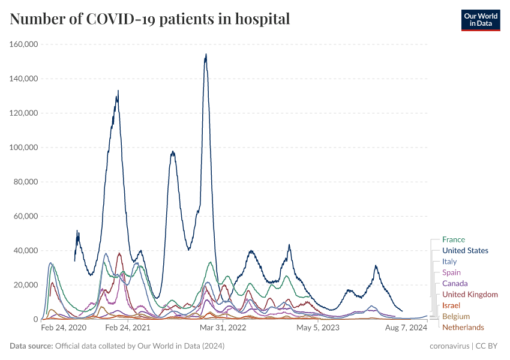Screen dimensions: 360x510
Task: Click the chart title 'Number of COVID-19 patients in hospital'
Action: pos(150,19)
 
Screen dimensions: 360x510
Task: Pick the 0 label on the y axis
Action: pos(36,320)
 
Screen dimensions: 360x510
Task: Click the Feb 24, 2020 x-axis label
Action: pos(64,328)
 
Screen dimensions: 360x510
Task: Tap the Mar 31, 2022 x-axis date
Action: pos(223,328)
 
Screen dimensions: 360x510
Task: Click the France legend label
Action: pos(453,240)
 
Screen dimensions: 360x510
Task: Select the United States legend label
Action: pos(465,251)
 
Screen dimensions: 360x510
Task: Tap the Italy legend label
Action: pos(449,262)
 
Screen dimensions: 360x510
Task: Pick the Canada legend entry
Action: pos(455,284)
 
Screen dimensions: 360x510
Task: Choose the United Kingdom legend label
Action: pos(470,295)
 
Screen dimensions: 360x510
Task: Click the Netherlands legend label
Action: pos(463,328)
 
